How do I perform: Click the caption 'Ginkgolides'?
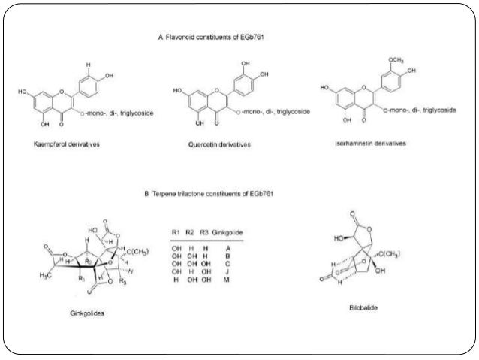[x=85, y=314]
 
